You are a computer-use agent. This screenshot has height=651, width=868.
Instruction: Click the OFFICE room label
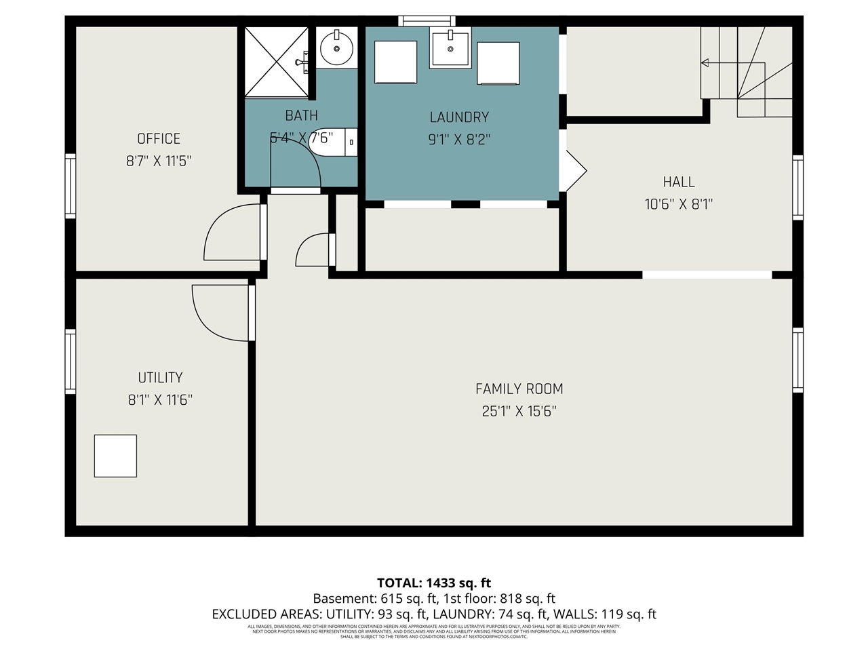tap(159, 138)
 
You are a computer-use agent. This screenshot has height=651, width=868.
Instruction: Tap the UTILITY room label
tap(160, 378)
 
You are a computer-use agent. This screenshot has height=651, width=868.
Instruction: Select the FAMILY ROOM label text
tap(519, 389)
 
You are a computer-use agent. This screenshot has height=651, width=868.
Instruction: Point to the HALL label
tap(679, 182)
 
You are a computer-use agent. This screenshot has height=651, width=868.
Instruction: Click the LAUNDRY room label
tap(459, 117)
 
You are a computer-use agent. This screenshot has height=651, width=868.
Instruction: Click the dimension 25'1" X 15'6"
tap(519, 411)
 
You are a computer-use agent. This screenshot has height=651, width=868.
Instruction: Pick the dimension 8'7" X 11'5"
tap(159, 161)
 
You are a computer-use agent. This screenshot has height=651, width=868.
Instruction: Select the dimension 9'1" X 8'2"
tap(459, 140)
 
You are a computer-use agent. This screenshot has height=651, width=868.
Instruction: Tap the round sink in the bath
tap(336, 48)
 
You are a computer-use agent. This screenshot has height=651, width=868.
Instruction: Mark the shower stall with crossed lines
tap(276, 62)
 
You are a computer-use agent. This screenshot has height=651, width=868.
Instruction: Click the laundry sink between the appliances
tap(450, 48)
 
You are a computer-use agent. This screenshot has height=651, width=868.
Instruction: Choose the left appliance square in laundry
tap(396, 62)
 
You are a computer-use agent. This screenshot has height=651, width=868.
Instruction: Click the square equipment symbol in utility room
tap(115, 456)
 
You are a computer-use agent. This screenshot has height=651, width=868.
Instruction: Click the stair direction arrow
tap(705, 63)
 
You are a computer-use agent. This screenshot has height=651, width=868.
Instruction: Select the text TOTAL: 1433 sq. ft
tap(434, 583)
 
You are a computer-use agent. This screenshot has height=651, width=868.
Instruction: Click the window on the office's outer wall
tap(70, 186)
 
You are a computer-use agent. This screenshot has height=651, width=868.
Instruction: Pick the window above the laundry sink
tap(427, 20)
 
